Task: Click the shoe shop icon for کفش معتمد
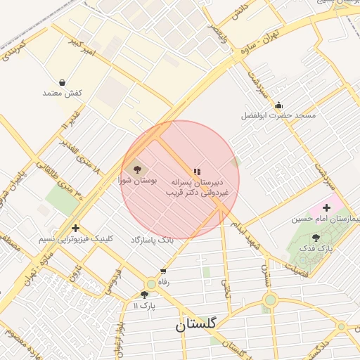pos(63,83)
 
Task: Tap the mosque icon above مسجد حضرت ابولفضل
pos(278,105)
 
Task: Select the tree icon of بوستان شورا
pos(136,169)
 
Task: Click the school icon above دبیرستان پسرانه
pos(197,171)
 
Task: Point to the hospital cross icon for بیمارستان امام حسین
pos(326,207)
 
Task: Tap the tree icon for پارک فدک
pos(315,238)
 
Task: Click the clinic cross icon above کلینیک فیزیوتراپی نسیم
pos(75,228)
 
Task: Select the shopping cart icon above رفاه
pos(163,271)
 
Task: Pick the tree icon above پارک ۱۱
pos(144,295)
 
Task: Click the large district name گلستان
pos(196,324)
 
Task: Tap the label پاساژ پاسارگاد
pos(151,240)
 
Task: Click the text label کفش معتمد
pos(63,94)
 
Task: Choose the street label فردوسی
pos(114,280)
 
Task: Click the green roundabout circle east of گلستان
pos(270,301)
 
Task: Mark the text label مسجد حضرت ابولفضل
pos(278,115)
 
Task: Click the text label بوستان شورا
pos(136,181)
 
